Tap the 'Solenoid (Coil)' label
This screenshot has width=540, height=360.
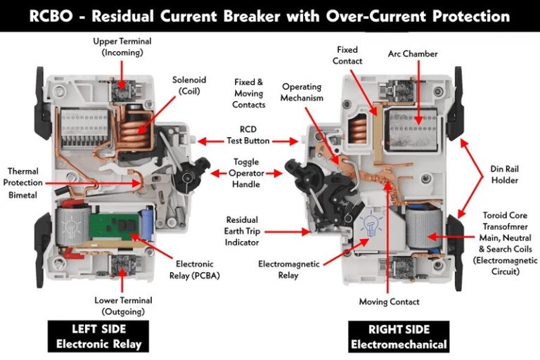193,86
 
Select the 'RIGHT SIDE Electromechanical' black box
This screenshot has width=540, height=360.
398,336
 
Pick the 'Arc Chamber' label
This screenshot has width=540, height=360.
413,53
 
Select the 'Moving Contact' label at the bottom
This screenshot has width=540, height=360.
389,302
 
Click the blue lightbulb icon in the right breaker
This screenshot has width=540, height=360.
370,228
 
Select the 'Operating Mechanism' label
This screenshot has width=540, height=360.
302,93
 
